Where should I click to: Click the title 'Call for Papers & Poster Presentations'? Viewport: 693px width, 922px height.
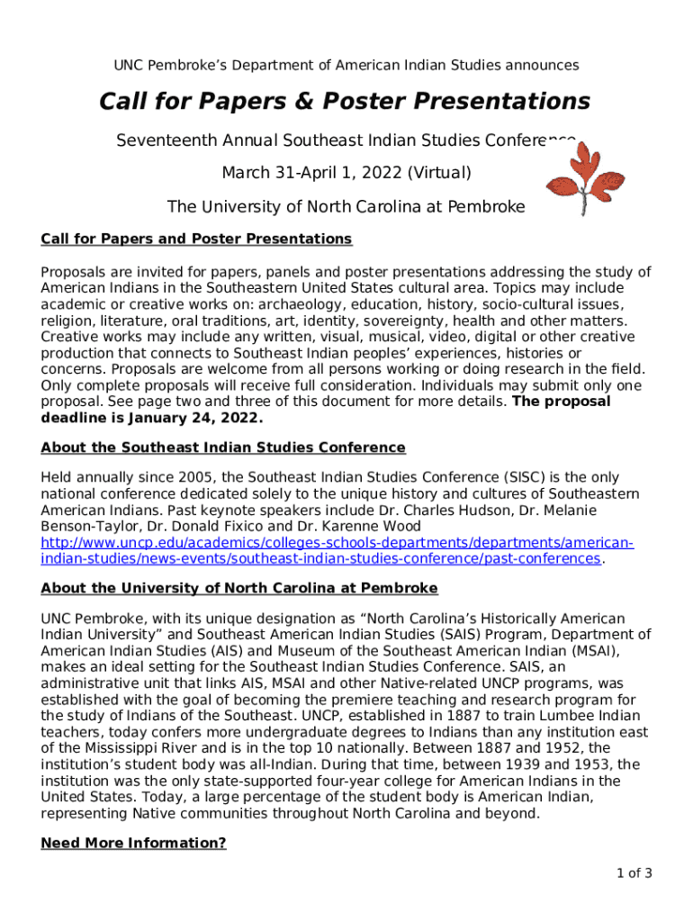tap(345, 101)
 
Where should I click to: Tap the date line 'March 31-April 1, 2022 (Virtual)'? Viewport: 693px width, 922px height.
tap(346, 171)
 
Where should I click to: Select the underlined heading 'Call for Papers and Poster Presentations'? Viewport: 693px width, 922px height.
tap(196, 239)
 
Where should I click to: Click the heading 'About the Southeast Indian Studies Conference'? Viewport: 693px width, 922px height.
tap(223, 447)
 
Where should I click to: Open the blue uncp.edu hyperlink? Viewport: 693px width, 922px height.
tap(337, 550)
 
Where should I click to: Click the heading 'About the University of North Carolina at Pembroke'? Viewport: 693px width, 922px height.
tap(239, 588)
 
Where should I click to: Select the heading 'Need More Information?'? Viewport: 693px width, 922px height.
tap(133, 844)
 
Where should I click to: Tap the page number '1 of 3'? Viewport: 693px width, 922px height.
tap(634, 872)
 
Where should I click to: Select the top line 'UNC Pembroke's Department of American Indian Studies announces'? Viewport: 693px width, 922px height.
tap(346, 65)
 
